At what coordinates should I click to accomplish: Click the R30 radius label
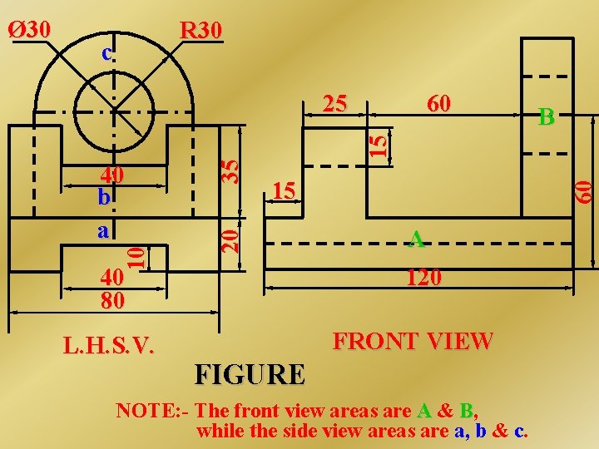coord(201,31)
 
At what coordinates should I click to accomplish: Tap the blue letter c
coord(106,53)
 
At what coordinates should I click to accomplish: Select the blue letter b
coord(103,199)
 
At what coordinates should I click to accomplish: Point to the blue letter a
coord(103,230)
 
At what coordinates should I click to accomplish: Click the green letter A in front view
coord(418,239)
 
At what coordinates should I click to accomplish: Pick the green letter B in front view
coord(546,117)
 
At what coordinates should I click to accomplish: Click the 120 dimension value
coord(423,277)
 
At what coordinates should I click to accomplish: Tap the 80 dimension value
coord(111,300)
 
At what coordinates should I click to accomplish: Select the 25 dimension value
coord(334,103)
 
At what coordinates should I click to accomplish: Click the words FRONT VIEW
coord(413,341)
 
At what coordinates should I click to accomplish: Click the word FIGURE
coord(250,374)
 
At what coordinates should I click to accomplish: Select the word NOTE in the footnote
coord(139,411)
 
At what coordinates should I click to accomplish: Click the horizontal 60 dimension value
coord(438,103)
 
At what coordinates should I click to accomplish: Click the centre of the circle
coord(114,112)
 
